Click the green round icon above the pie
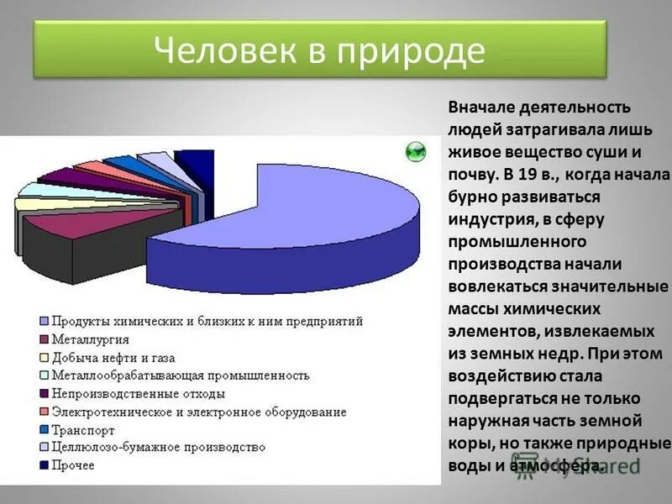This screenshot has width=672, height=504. pos(415,151)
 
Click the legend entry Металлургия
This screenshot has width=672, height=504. pos(90,339)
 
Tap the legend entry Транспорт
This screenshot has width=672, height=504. pos(84,428)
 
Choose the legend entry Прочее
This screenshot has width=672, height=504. pos(73,465)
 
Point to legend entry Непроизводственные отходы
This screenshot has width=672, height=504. pos(138,393)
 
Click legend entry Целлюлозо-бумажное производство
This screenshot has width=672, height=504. pos(158,447)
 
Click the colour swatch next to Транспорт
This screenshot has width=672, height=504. pos(42,428)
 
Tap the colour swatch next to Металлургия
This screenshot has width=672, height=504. pos(42,339)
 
